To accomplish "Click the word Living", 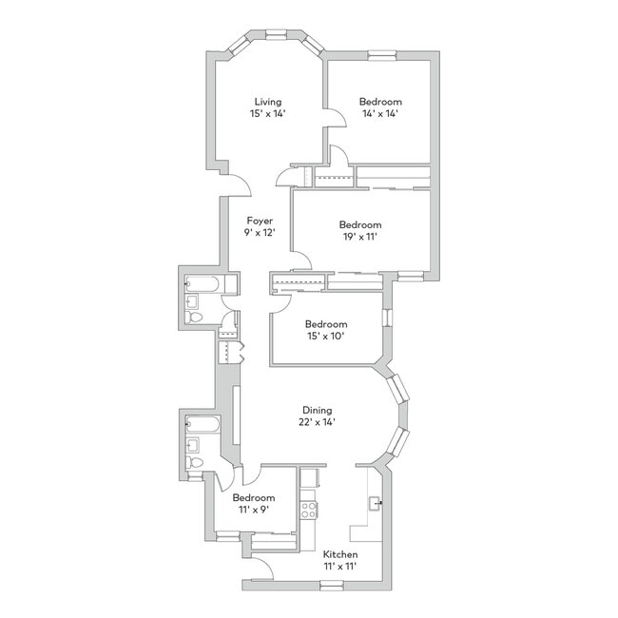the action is (x=267, y=102).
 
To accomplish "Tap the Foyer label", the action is (x=260, y=221).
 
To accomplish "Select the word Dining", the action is (x=317, y=411).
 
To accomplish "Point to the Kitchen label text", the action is (x=340, y=554).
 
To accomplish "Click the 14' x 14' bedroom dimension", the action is (x=380, y=114).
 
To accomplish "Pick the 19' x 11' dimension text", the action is (x=360, y=237).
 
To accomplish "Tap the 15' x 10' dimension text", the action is (x=326, y=337).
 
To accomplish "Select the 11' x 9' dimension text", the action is (x=254, y=510).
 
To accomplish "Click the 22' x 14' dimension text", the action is (x=317, y=422).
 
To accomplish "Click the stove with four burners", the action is (x=309, y=510).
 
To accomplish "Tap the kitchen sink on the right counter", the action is (x=374, y=504).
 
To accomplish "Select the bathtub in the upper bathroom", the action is (x=202, y=284).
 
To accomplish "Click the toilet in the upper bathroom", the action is (x=194, y=317).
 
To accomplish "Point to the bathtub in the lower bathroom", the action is (x=203, y=424).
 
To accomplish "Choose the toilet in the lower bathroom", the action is (x=194, y=462).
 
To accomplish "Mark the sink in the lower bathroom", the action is (x=192, y=445).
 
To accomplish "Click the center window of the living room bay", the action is (x=276, y=34).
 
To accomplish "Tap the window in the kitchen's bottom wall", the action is (x=332, y=586).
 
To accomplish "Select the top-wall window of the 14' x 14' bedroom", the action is (x=382, y=55).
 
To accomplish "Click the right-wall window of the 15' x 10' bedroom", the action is (x=388, y=318).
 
